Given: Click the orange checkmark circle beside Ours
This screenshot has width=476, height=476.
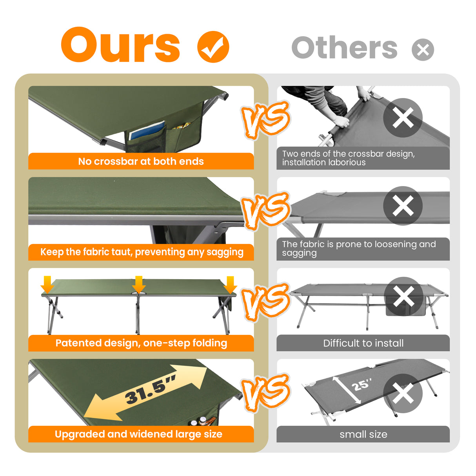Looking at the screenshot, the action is (x=213, y=47).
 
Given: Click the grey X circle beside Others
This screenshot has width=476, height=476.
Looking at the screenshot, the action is (x=423, y=50).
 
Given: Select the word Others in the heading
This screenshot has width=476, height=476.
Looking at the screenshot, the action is (x=344, y=47).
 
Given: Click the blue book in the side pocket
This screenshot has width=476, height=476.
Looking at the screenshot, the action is (x=147, y=130).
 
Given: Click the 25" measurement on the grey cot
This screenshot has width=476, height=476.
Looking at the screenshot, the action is (x=362, y=385).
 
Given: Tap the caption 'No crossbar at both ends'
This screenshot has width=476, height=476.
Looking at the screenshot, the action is (x=141, y=161).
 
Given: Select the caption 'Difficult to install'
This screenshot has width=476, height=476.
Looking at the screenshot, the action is (x=363, y=343).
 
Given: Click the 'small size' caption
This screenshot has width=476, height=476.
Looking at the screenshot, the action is (x=363, y=434).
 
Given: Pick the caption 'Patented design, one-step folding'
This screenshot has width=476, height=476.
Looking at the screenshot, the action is (x=141, y=343).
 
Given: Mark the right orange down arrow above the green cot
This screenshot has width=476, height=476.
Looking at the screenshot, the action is (x=230, y=285).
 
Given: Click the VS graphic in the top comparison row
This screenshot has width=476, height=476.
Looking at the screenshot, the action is (x=265, y=120).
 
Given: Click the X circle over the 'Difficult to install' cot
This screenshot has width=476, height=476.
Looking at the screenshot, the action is (x=403, y=296).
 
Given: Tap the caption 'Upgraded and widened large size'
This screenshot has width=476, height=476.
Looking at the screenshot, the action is (x=138, y=434).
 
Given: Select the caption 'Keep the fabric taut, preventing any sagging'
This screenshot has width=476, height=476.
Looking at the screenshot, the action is (x=142, y=252).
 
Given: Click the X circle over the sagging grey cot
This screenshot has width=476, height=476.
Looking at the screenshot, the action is (x=403, y=206).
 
